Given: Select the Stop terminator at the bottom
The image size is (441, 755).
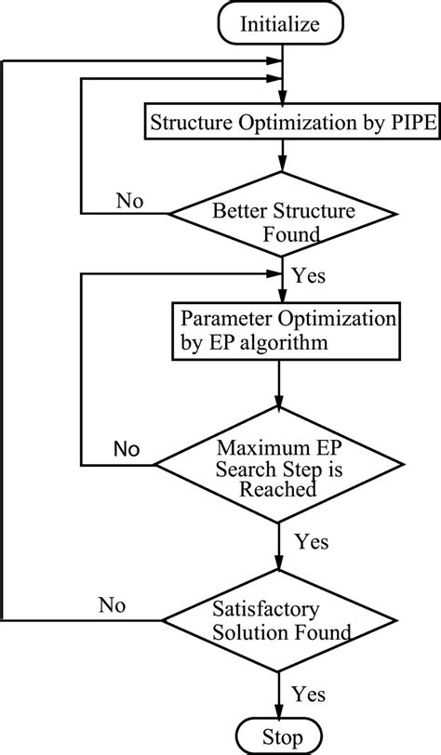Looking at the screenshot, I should [280, 737].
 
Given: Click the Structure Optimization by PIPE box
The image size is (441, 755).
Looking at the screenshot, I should [278, 121].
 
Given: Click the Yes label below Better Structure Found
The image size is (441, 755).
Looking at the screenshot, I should [308, 276].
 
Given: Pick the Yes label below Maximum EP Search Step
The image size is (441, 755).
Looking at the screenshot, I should [310, 539].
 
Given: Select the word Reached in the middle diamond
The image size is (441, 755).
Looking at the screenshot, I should [278, 489].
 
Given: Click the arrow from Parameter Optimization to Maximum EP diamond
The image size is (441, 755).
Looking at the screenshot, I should [280, 381].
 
